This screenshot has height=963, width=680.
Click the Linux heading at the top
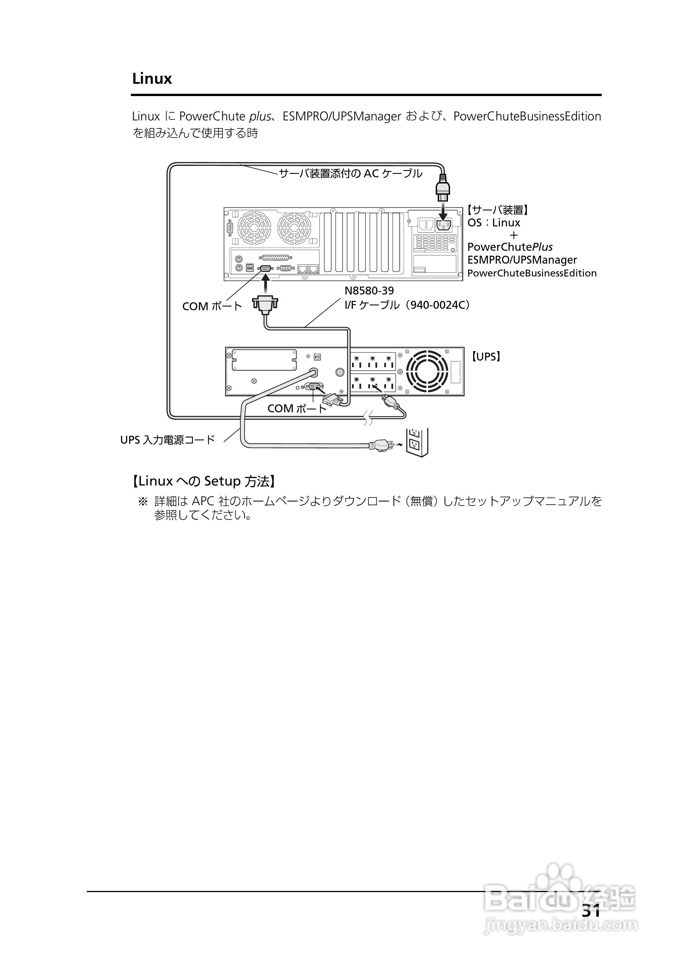(x=152, y=79)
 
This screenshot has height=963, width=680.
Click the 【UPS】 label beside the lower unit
(x=486, y=357)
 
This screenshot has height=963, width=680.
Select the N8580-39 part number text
(x=369, y=291)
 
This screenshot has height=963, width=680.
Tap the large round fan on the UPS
(x=427, y=371)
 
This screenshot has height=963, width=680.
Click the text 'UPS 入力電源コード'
(x=168, y=440)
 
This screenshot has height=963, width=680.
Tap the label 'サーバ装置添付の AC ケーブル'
(x=351, y=173)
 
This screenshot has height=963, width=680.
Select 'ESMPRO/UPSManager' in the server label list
(x=522, y=260)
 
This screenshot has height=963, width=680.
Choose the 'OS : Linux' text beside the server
(x=494, y=223)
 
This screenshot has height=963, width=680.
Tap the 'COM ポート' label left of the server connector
(x=212, y=306)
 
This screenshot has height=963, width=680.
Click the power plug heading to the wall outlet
(x=381, y=445)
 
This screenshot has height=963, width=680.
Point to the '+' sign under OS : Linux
(x=513, y=235)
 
